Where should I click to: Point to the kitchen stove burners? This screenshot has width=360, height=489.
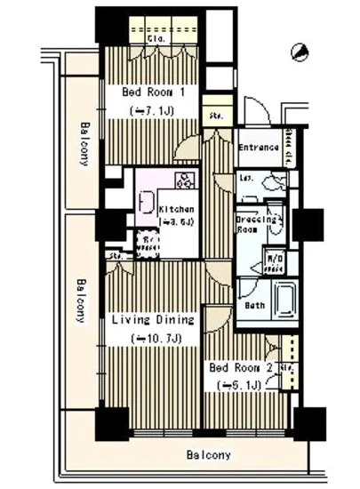[188, 181]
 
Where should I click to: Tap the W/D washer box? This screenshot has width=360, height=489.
[276, 261]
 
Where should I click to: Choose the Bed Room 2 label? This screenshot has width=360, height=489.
[239, 366]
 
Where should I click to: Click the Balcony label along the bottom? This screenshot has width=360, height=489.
[209, 455]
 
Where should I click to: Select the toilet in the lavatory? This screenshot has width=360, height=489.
[275, 181]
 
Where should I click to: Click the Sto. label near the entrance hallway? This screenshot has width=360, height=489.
[216, 116]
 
